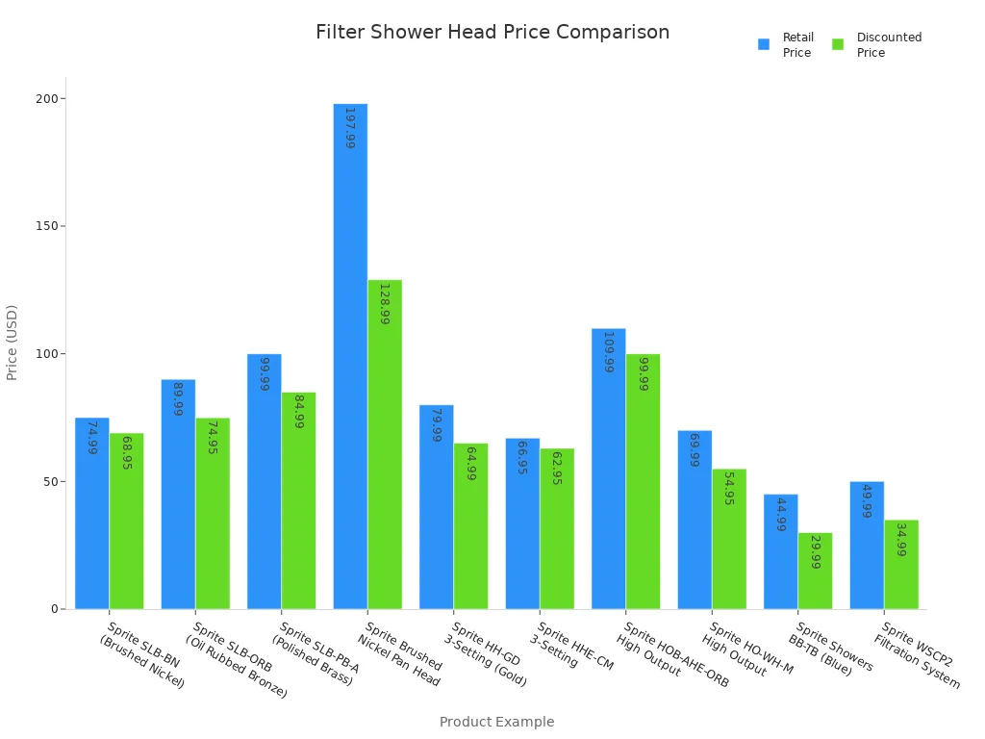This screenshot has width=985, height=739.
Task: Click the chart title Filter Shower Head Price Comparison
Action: point(492,33)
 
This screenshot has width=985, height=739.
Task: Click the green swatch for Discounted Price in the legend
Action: point(838,44)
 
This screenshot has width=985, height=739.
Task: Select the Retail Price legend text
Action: point(797,45)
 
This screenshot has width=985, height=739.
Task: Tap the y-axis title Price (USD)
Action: point(13,342)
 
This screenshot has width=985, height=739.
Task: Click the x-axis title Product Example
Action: point(496,722)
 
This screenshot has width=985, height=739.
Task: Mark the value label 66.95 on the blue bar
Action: point(522,460)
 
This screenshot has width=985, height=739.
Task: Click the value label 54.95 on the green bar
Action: point(729,489)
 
